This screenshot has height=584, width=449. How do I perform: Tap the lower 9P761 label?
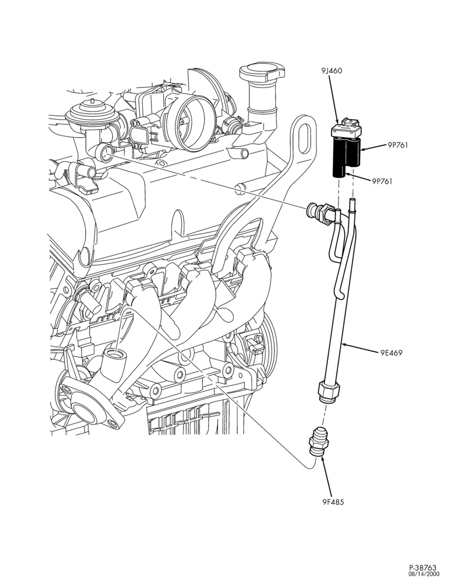[382, 182]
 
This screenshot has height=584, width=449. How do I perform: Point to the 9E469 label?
[391, 353]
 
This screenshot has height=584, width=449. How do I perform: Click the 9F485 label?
[333, 502]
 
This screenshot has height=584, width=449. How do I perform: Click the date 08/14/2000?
[424, 574]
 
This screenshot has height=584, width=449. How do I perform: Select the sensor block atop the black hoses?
[347, 129]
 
